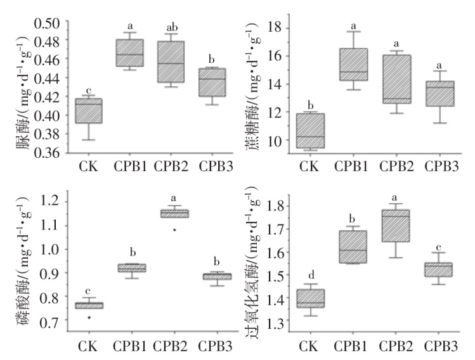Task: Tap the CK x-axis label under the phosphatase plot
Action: click(89, 347)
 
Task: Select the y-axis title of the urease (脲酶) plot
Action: click(25, 89)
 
